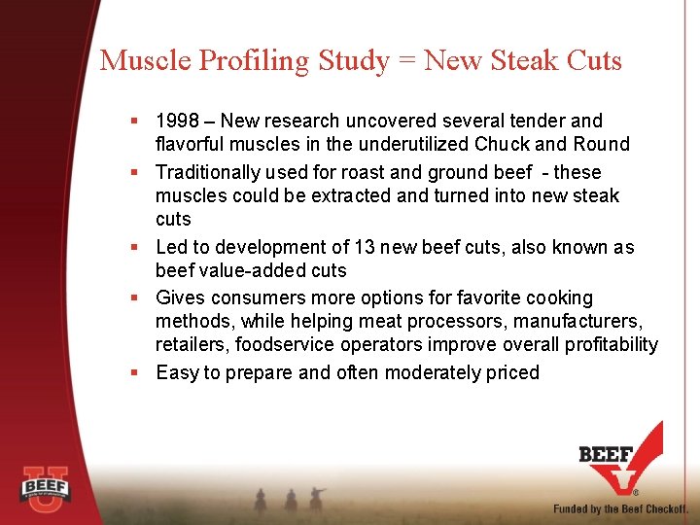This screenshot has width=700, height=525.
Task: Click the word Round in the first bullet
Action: coord(603,144)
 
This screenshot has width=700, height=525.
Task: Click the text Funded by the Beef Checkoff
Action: coord(620,508)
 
